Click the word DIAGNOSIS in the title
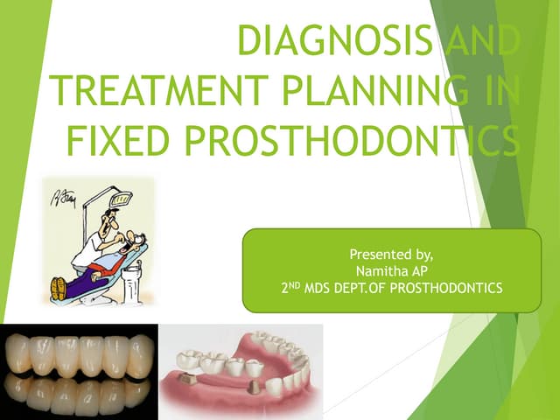point(335,40)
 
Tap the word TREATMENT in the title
point(159,89)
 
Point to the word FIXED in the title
point(118,140)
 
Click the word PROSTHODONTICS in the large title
point(352,140)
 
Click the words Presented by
point(391,255)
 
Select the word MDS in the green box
point(317,288)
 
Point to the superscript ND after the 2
point(294,285)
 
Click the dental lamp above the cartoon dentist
point(121,199)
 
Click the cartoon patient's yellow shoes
point(59,289)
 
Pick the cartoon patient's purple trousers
point(87,281)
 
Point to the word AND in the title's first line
point(482,40)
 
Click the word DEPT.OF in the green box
point(360,288)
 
